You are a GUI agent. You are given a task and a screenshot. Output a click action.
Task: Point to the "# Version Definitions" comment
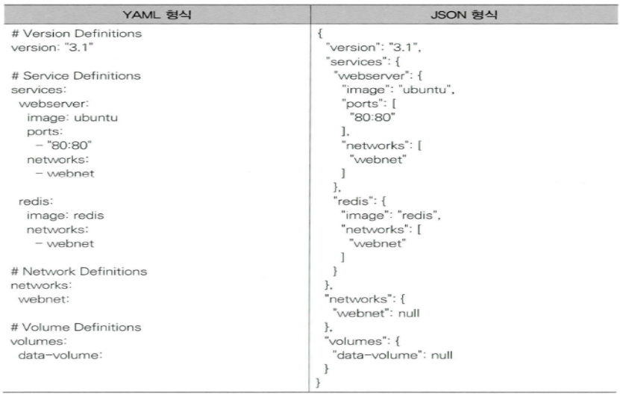click(x=66, y=34)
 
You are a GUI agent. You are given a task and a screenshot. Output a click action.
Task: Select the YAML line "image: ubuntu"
click(x=72, y=118)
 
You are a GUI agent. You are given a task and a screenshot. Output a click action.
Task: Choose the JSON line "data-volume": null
click(x=392, y=355)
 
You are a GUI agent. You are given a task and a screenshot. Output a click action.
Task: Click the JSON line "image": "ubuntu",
click(x=393, y=90)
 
